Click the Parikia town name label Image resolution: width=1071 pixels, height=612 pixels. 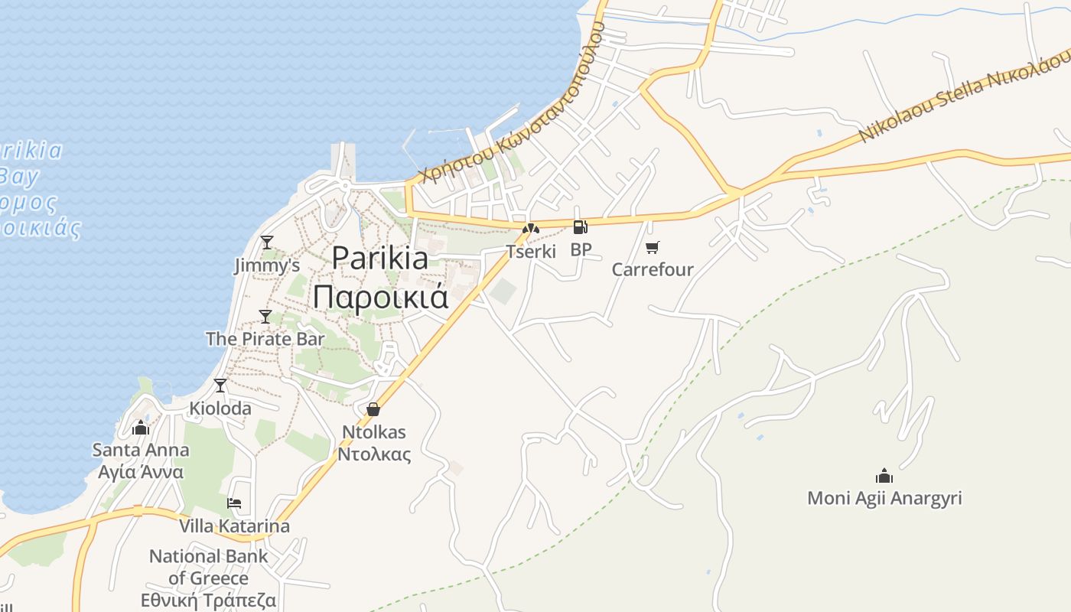[x=380, y=258]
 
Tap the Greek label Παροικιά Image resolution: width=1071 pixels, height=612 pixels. [x=380, y=297]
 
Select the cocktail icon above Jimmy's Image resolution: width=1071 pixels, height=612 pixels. [x=266, y=243]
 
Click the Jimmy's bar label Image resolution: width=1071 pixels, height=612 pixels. [x=266, y=265]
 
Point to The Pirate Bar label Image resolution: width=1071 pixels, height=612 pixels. [x=265, y=338]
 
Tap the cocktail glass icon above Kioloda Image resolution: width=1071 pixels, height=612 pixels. [x=220, y=386]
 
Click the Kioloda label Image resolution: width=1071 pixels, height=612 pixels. [x=220, y=409]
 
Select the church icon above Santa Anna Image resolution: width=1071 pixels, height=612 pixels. [x=141, y=428]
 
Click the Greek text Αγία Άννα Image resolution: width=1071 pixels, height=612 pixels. [x=141, y=471]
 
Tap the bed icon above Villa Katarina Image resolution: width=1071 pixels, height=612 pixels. [x=234, y=503]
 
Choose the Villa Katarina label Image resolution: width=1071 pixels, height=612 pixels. [x=234, y=526]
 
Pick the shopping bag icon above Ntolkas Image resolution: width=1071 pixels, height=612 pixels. [x=373, y=409]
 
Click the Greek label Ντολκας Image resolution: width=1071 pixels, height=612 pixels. [x=374, y=454]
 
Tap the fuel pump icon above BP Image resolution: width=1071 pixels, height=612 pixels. [x=581, y=226]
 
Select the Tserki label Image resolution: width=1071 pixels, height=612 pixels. [x=531, y=251]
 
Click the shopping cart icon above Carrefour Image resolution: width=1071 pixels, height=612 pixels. [x=652, y=247]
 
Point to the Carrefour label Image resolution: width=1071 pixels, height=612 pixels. [x=653, y=269]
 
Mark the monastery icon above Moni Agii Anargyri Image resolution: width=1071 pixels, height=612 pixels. [x=884, y=476]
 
